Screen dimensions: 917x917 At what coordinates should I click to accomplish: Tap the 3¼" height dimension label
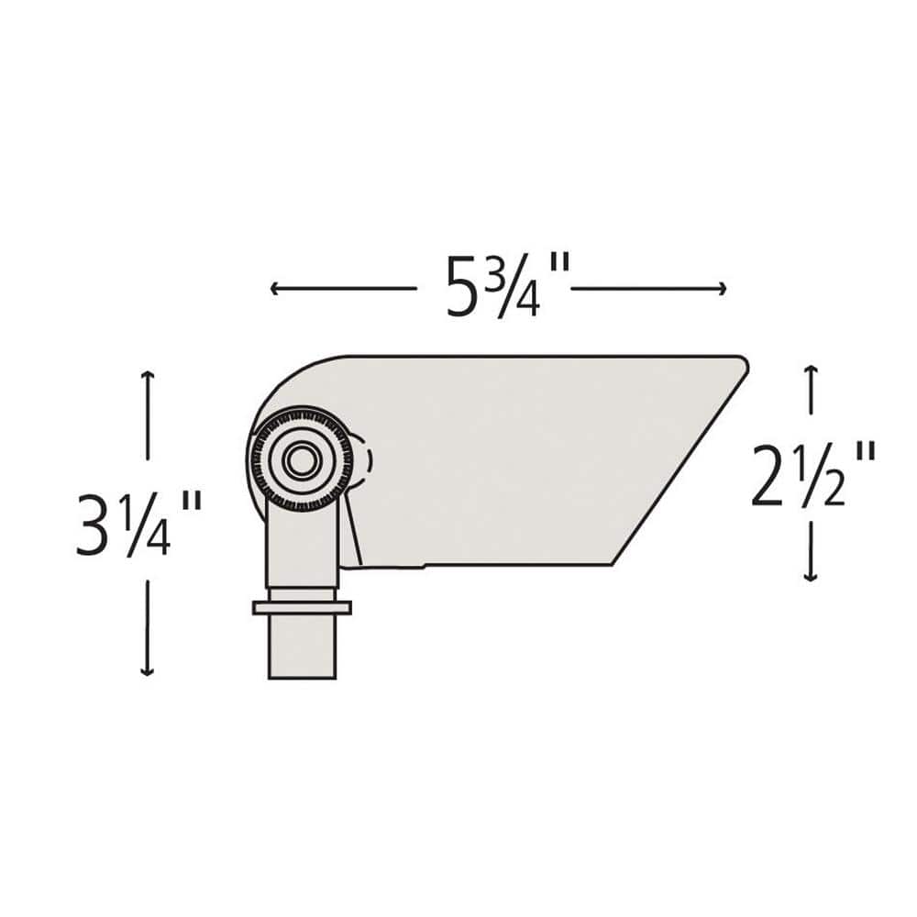point(138,525)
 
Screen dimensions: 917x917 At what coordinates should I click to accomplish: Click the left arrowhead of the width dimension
point(274,289)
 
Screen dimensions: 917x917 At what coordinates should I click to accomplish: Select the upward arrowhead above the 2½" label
point(810,370)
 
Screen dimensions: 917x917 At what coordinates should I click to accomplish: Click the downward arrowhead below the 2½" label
point(810,577)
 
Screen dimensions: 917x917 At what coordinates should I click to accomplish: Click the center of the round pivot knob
point(299,460)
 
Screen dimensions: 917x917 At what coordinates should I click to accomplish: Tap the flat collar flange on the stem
point(302,607)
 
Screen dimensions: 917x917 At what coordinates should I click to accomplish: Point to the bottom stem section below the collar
point(302,646)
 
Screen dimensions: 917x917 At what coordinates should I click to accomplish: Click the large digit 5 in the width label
point(464,288)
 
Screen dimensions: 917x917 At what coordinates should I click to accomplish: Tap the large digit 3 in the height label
point(94,525)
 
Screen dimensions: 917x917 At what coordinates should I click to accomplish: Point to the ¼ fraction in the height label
point(148,525)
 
